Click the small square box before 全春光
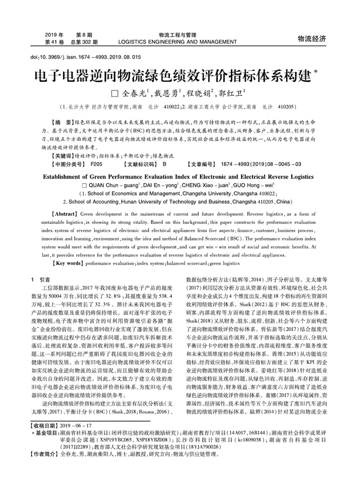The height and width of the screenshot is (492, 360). (116, 93)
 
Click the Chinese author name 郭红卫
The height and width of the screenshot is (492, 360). (232, 93)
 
